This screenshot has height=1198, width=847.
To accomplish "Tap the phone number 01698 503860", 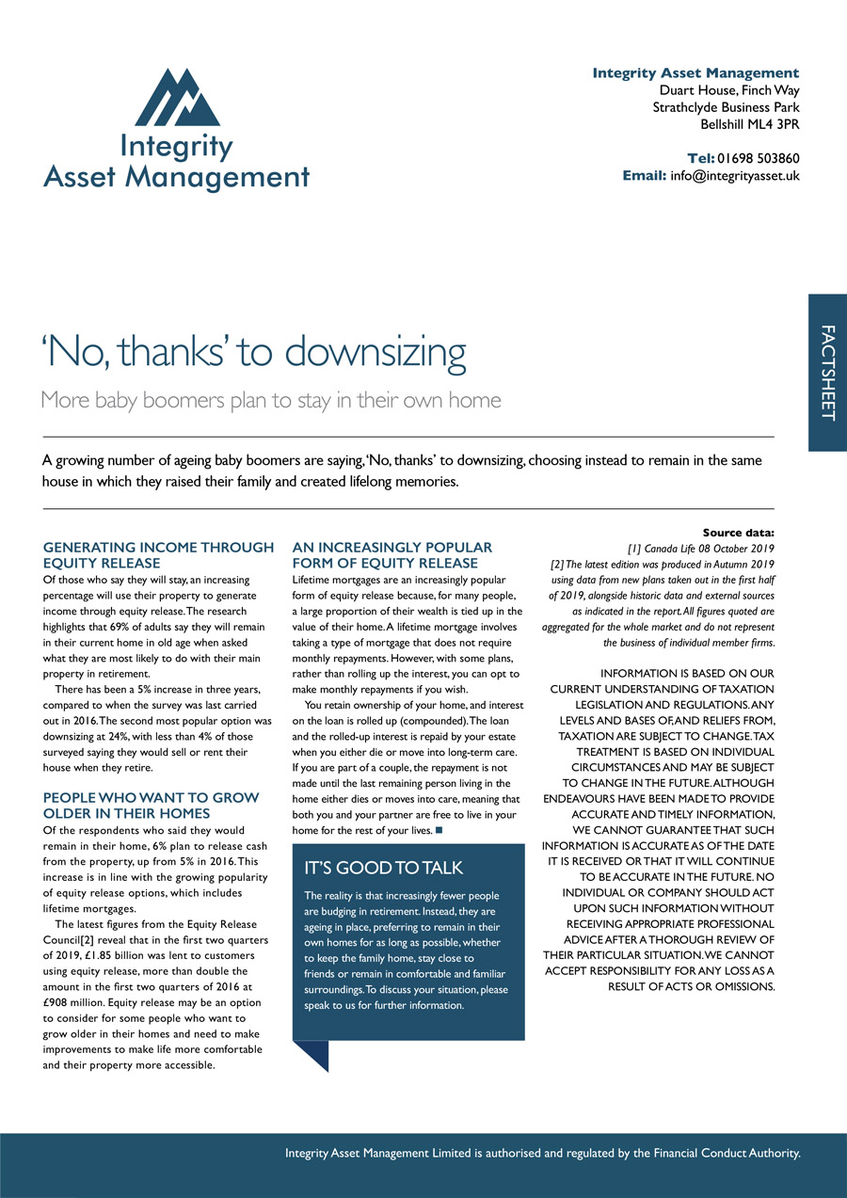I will click(x=758, y=158).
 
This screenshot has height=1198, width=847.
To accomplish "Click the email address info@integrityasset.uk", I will click(x=734, y=175).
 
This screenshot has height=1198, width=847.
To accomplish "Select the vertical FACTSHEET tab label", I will click(x=827, y=373).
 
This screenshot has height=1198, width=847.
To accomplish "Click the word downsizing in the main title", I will click(x=376, y=352).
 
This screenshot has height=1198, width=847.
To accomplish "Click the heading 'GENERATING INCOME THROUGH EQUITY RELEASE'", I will click(x=158, y=555).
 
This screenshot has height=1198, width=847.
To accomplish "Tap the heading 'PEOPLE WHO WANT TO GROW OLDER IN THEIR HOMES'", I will click(x=151, y=806).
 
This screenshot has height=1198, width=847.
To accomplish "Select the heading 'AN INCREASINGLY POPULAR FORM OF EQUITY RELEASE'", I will click(x=392, y=555).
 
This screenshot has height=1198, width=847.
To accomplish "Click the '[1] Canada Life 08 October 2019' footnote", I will click(x=700, y=548).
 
